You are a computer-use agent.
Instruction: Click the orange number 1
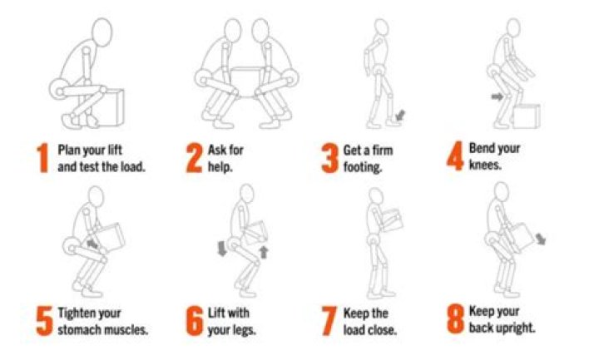pos(42,158)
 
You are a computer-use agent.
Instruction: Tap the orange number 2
pos(194,158)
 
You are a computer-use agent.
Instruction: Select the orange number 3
pos(329,158)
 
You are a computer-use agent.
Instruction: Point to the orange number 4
pos(455,155)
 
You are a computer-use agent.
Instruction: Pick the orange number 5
pos(44,321)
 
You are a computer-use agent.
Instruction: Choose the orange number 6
pos(194,321)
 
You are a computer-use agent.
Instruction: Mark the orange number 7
pos(329,321)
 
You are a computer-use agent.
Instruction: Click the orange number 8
pos(455,318)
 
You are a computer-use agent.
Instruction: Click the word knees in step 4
pos(485,165)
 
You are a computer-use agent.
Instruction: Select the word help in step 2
pos(220,167)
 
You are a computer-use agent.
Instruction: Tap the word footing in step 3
pos(362,167)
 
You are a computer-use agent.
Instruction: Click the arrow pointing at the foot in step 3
pos(400,115)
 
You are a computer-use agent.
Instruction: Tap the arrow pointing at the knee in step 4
pos(498,97)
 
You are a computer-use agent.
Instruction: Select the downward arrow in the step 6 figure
pos(222,249)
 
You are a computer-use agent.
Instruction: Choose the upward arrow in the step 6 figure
pos(264,253)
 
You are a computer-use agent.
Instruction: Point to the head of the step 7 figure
pos(376,196)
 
